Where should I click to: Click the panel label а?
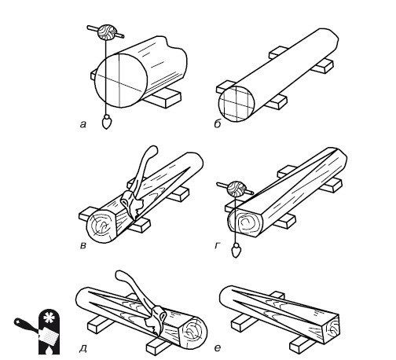pyautogui.click(x=83, y=124)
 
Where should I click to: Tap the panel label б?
pyautogui.click(x=218, y=123)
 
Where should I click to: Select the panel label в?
pyautogui.click(x=83, y=245)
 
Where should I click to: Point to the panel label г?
pyautogui.click(x=218, y=245)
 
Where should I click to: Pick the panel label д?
pyautogui.click(x=83, y=348)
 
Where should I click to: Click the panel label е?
pyautogui.click(x=218, y=348)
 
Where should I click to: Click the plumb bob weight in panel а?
pyautogui.click(x=106, y=122)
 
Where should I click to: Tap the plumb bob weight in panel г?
pyautogui.click(x=236, y=251)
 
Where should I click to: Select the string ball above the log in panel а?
pyautogui.click(x=106, y=32)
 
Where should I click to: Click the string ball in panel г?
pyautogui.click(x=236, y=189)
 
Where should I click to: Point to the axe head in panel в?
pyautogui.click(x=131, y=204)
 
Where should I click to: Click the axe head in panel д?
pyautogui.click(x=156, y=321)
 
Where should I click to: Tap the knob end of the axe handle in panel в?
pyautogui.click(x=152, y=150)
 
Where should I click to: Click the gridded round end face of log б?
pyautogui.click(x=236, y=104)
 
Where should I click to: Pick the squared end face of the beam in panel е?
pyautogui.click(x=332, y=329)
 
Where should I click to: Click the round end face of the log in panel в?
pyautogui.click(x=101, y=225)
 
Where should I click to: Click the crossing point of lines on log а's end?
pyautogui.click(x=119, y=84)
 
